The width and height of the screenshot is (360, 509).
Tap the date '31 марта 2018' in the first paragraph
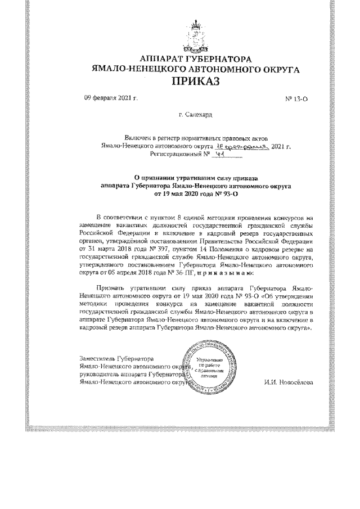pyautogui.click(x=113, y=248)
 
